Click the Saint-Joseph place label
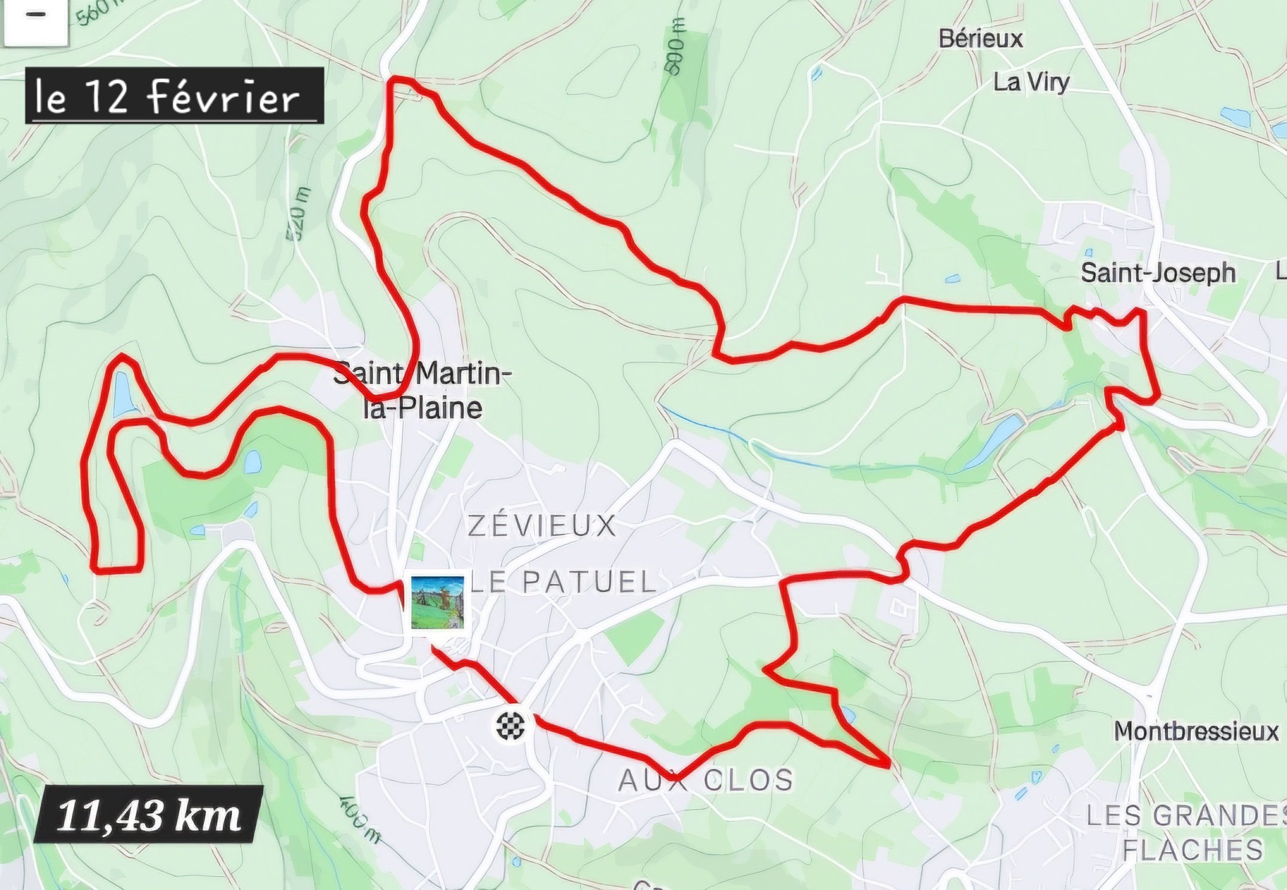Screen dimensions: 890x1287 pos(1158,273)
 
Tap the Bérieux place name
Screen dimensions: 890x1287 pos(981,39)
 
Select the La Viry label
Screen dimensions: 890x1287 pos(1031,83)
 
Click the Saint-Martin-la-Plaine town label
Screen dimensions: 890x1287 pos(423,391)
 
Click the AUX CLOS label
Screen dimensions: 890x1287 pos(706,781)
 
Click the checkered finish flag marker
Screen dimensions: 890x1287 pos(510,726)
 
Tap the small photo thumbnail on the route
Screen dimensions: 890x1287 pos(437,602)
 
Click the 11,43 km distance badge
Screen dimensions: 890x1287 pos(148,815)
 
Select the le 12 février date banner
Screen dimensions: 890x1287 pos(174,96)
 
